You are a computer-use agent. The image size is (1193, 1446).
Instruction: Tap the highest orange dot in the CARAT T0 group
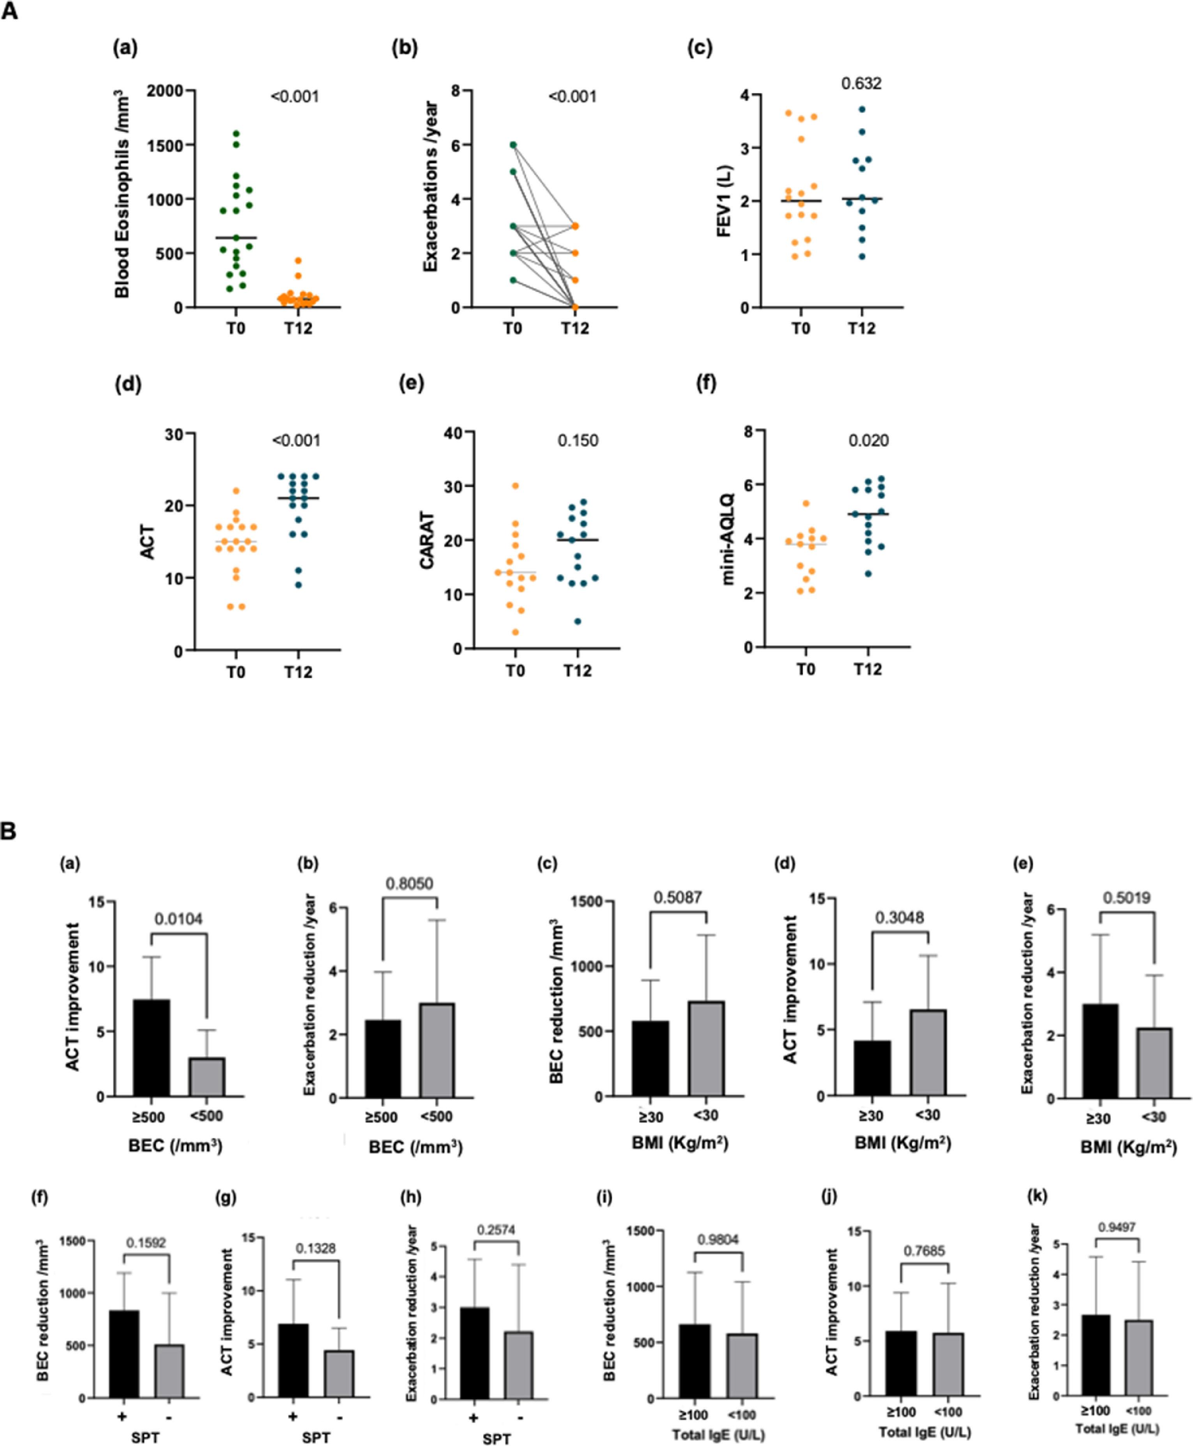tap(515, 486)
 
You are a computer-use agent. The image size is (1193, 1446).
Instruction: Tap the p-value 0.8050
tap(410, 883)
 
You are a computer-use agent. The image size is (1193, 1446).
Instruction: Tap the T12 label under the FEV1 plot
tap(861, 329)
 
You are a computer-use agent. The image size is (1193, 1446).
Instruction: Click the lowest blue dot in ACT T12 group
tap(297, 585)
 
